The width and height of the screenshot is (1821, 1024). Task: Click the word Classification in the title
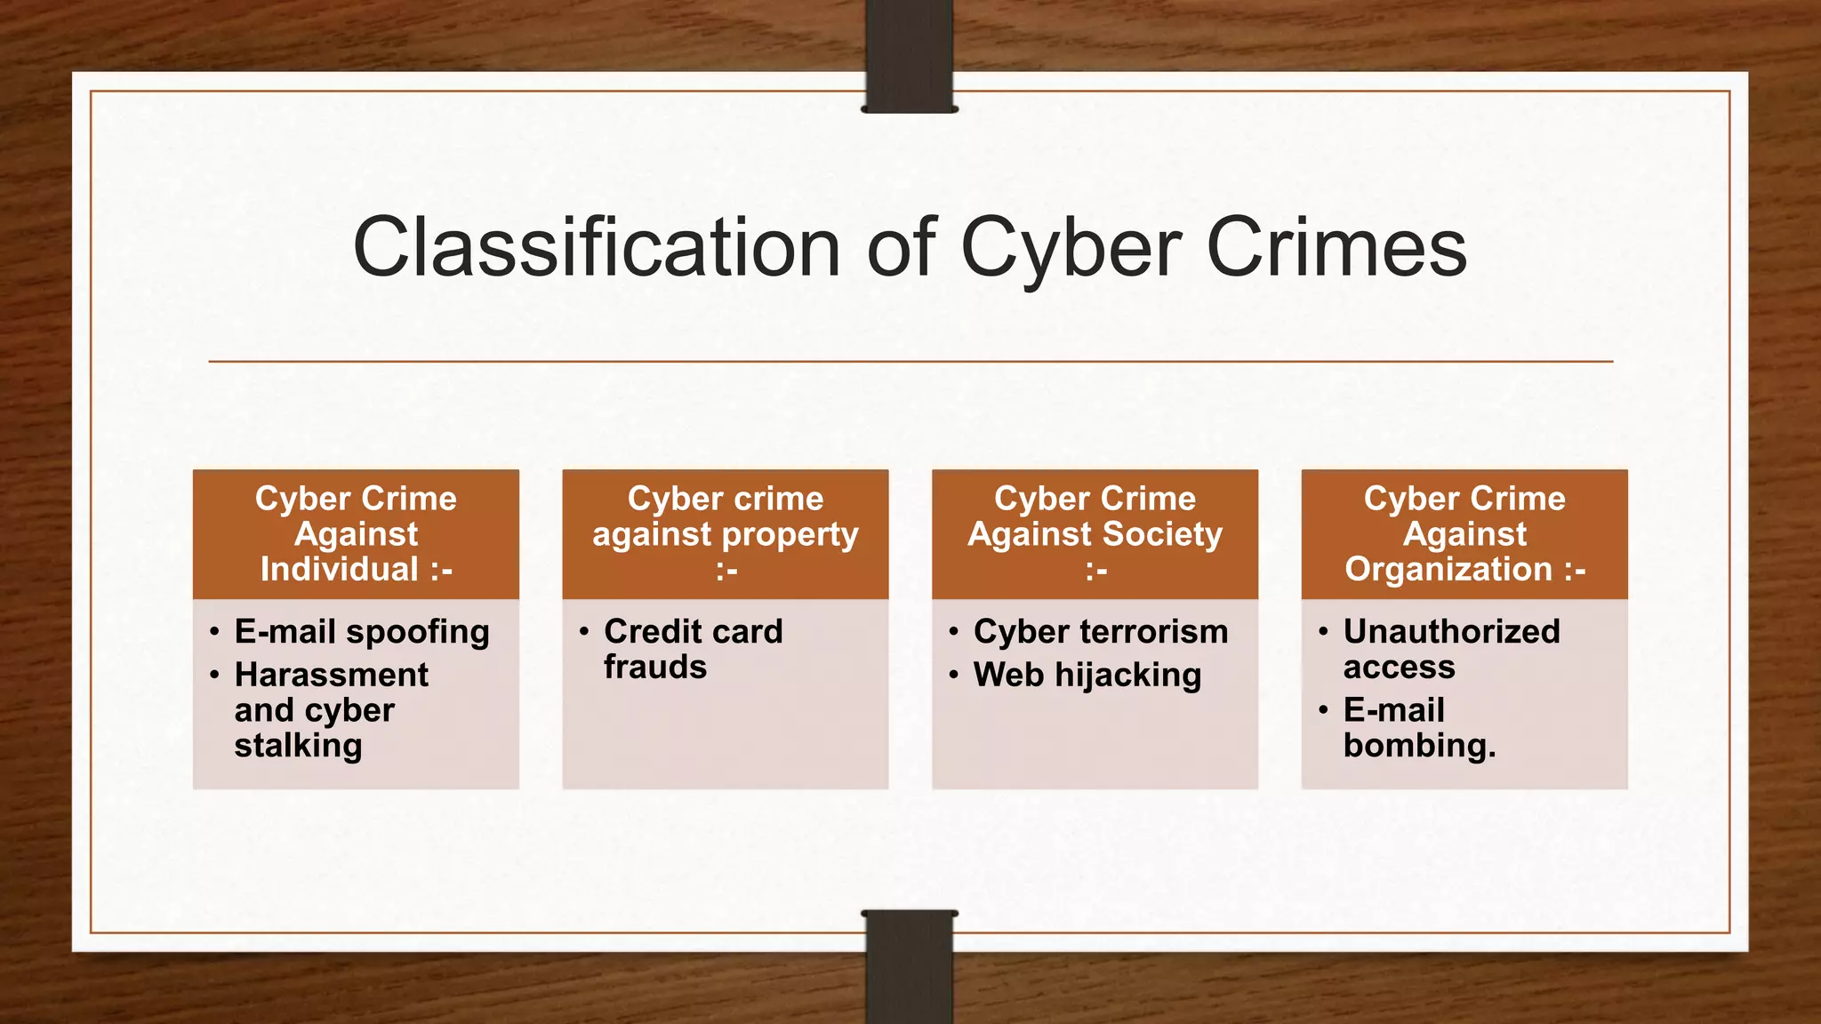[596, 248]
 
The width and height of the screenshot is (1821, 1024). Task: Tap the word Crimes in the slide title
[1336, 248]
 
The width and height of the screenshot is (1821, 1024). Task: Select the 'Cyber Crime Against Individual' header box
[356, 533]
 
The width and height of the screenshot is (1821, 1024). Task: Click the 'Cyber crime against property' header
[726, 533]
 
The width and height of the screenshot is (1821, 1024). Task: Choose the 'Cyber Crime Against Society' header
[1095, 533]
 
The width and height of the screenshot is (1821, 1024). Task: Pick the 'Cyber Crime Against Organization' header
[1464, 533]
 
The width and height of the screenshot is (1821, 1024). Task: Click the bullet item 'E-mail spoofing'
[362, 632]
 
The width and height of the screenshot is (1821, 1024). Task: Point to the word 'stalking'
[298, 746]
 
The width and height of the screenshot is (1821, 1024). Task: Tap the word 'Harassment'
[331, 676]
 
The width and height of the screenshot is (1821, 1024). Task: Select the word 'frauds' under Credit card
[655, 668]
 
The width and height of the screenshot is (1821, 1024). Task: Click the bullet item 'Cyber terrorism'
[1101, 632]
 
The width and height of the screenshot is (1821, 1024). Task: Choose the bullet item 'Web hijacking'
[1087, 676]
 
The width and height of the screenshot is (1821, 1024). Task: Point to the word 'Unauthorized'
[1451, 632]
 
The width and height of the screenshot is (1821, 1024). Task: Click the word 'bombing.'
[1419, 746]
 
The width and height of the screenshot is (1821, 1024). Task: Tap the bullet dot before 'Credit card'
[584, 632]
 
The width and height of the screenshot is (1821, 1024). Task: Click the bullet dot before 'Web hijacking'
[954, 676]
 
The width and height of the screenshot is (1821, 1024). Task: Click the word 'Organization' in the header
[1448, 569]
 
